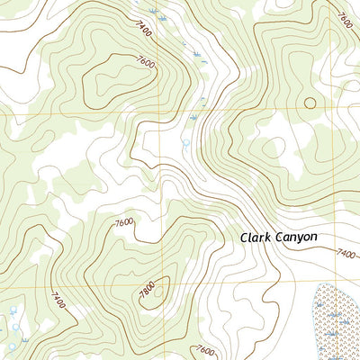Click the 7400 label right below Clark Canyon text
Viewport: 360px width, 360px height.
[346, 255]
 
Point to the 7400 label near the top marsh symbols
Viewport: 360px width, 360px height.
[144, 33]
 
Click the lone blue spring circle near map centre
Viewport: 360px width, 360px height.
[185, 142]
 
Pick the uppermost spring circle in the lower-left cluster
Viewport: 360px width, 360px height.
[13, 310]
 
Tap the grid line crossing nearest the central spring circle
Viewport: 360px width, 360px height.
[164, 115]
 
